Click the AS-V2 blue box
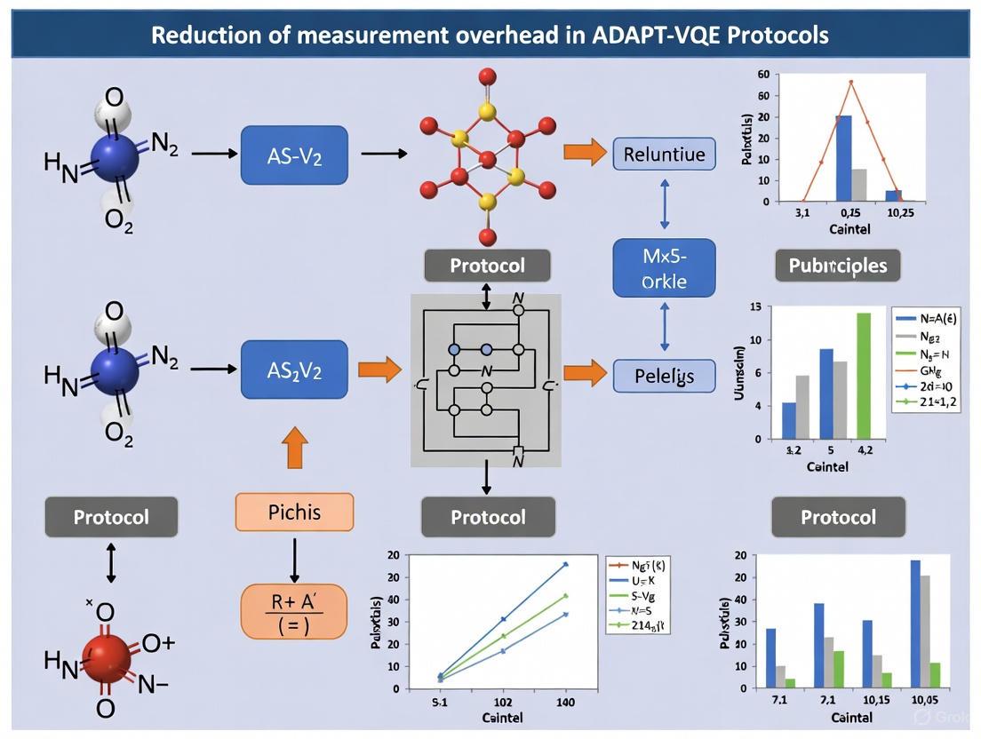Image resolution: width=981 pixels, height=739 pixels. (294, 155)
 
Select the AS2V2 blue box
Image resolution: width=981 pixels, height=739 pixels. (294, 369)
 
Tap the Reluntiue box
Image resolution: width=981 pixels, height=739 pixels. (664, 154)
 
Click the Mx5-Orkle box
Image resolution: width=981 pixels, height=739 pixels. (664, 267)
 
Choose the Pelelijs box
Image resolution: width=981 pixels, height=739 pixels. (664, 375)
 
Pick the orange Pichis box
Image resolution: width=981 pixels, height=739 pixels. (294, 513)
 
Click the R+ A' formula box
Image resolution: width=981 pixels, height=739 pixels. (294, 612)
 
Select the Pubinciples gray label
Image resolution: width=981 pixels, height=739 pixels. (838, 265)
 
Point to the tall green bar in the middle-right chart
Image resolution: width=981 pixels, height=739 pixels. (863, 376)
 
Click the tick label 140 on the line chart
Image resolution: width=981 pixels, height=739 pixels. (565, 702)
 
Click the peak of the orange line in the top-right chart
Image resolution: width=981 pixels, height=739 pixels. (850, 82)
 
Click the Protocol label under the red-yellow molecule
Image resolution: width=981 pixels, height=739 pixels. (487, 265)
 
